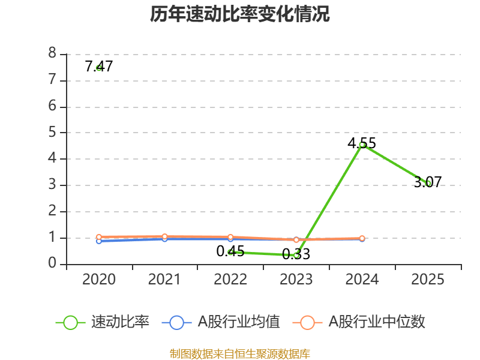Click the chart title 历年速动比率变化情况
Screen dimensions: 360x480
240,14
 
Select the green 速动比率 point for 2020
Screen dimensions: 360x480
98,68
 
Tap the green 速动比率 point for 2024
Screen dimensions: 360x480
362,145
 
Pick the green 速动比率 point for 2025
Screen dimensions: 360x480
428,183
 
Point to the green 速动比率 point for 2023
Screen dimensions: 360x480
296,255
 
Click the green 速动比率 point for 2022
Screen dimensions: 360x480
230,252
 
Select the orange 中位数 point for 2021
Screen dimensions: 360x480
164,236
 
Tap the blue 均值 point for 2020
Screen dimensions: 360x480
98,241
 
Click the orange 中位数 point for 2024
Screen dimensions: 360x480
362,238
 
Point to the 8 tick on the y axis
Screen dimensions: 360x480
52,54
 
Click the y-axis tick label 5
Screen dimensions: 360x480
52,133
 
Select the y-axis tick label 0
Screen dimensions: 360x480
52,264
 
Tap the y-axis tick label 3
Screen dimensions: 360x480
52,185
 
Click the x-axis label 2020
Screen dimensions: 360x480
99,280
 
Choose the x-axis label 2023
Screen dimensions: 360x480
296,280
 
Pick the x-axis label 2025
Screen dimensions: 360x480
428,280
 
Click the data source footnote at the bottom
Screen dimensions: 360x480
240,353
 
